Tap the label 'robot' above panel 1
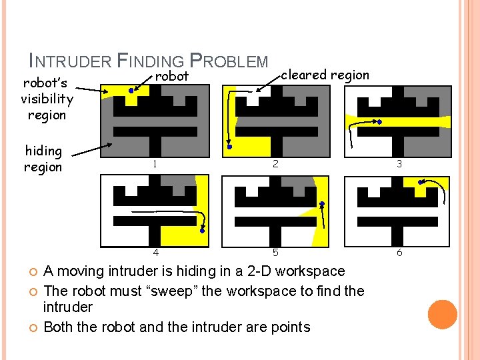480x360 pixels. pos(172,77)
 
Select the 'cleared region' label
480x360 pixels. pos(325,75)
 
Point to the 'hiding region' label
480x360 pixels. pos(43,159)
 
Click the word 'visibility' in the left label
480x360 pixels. pos(47,99)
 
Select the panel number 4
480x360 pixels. pos(155,253)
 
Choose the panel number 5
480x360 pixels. pos(275,253)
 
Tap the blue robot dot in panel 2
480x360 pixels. pos(228,145)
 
